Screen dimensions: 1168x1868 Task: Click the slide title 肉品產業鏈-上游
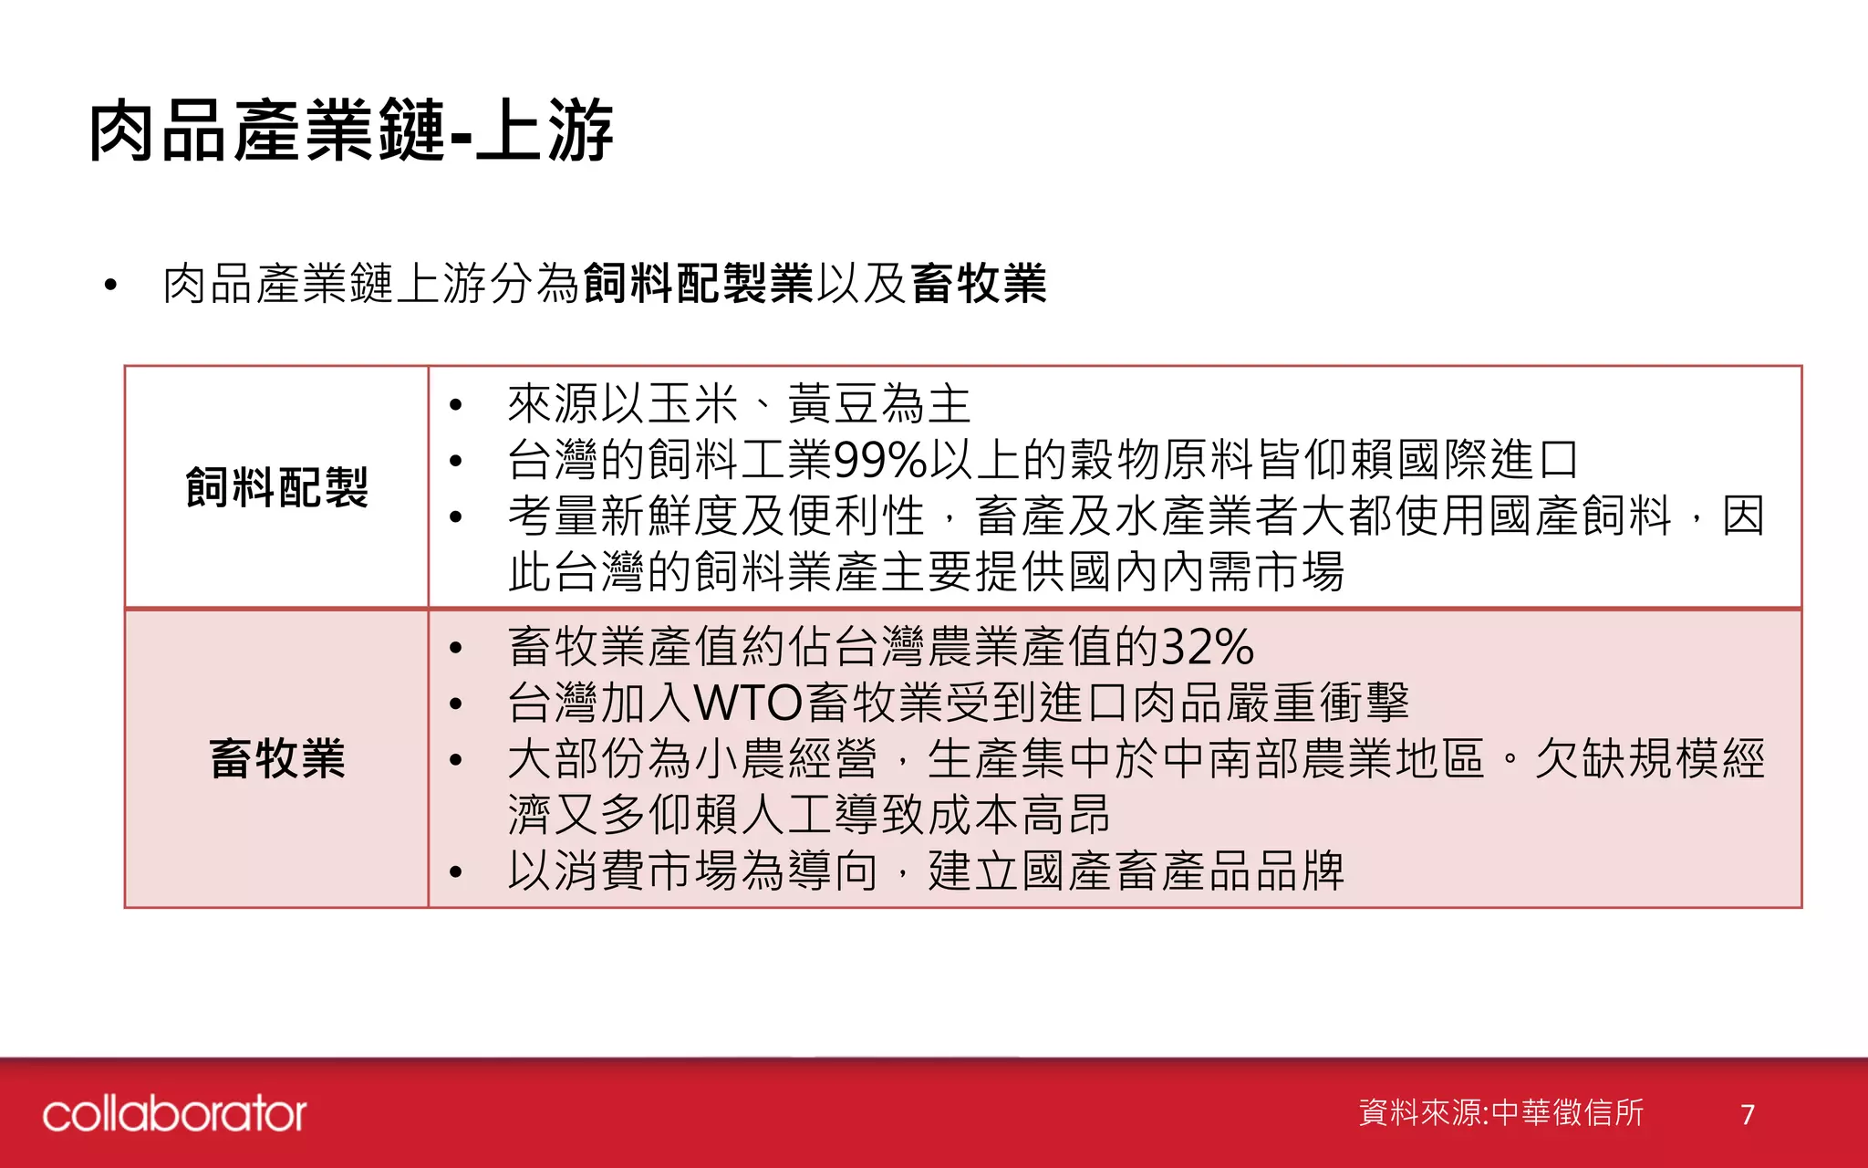tap(351, 132)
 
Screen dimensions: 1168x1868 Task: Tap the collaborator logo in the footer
tap(174, 1114)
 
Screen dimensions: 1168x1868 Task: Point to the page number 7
tap(1747, 1114)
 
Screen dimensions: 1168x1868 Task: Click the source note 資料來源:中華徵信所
tap(1500, 1112)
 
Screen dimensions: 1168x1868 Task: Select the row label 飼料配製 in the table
tap(276, 486)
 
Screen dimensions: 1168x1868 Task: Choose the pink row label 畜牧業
tap(276, 758)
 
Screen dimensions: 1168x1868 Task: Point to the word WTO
tap(748, 704)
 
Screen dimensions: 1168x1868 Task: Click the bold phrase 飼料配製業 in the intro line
tap(698, 283)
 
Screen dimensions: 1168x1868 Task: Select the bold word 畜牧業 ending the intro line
tap(978, 283)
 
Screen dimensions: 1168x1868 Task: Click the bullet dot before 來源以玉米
tap(456, 404)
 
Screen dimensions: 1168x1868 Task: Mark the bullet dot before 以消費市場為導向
tap(456, 871)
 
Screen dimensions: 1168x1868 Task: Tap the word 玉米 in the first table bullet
tap(693, 404)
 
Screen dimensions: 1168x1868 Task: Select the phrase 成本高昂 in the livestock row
tap(1018, 815)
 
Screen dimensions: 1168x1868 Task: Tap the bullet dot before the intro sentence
tap(110, 285)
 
